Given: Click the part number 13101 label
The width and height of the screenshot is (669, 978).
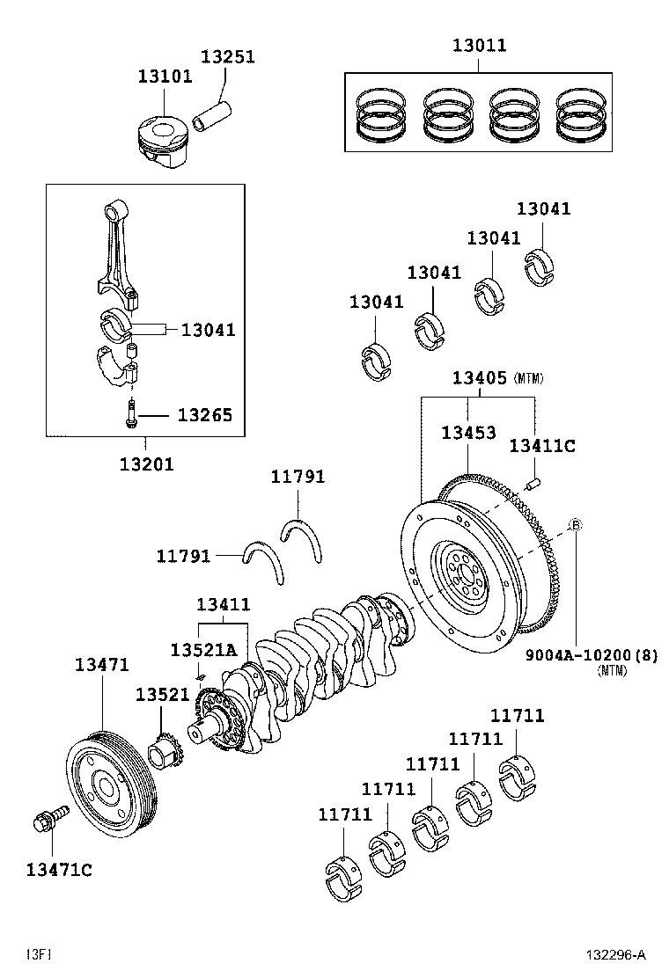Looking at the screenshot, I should click(164, 77).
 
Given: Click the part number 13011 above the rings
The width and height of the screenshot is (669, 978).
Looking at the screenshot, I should click(480, 45).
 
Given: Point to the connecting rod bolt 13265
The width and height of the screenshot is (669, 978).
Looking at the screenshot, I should click(131, 414).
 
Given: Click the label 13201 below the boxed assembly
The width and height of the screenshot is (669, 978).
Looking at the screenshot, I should click(146, 463).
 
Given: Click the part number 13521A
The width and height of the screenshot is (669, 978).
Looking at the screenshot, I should click(203, 649).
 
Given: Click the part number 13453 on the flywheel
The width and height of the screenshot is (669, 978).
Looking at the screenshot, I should click(468, 433).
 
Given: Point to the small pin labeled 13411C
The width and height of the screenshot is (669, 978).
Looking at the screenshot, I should click(533, 482).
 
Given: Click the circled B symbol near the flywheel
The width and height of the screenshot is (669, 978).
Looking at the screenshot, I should click(574, 525).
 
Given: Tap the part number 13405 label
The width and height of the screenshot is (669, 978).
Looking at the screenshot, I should click(480, 378).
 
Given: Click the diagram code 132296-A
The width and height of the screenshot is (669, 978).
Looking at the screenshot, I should click(617, 955).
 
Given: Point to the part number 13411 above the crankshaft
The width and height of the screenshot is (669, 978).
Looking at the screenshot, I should click(223, 605).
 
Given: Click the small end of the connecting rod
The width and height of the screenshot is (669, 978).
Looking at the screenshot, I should click(113, 212).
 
